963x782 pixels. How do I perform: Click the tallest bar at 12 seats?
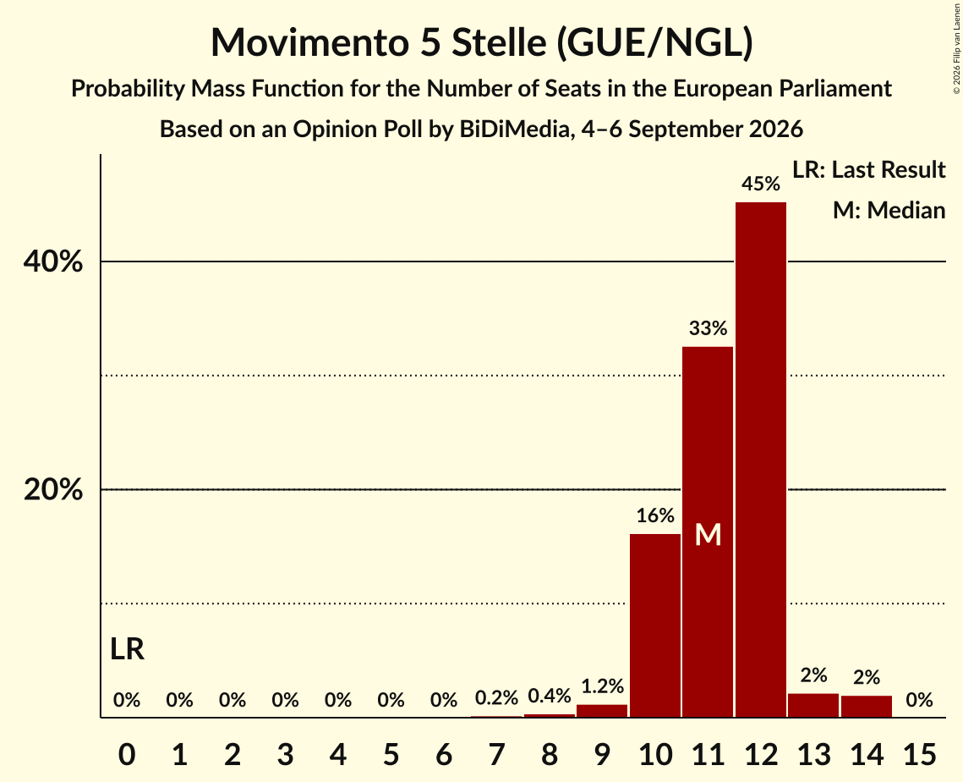(x=760, y=460)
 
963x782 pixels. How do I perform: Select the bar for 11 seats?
(x=708, y=531)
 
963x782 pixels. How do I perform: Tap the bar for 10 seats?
(x=654, y=625)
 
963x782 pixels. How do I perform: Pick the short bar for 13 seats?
(x=813, y=705)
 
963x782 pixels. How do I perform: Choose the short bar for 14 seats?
(x=866, y=707)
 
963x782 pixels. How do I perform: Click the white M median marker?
(x=708, y=535)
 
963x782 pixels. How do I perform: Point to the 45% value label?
(x=760, y=183)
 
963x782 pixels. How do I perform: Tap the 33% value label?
(x=708, y=328)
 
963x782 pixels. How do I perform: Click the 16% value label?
(x=654, y=515)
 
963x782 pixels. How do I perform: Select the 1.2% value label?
(x=602, y=686)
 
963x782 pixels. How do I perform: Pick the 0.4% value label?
(x=549, y=696)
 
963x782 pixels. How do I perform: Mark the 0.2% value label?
(x=496, y=697)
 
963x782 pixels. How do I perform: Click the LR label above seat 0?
(x=127, y=649)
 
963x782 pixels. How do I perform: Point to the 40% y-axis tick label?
(x=52, y=262)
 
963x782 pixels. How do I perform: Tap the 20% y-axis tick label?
(x=52, y=489)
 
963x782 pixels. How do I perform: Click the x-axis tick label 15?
(x=919, y=754)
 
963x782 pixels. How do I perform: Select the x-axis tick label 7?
(x=496, y=754)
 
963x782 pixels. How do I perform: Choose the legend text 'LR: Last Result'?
(x=868, y=169)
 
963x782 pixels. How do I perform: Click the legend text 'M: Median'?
(x=889, y=210)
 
